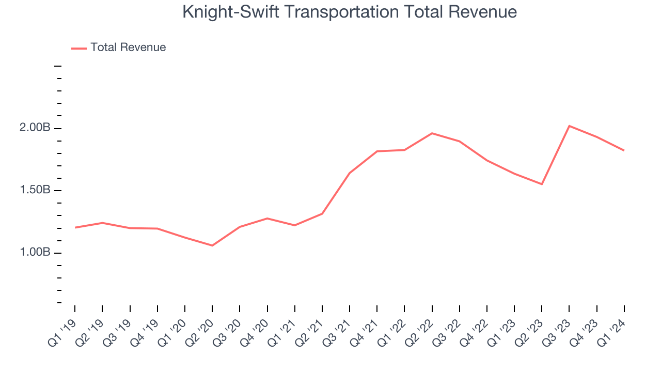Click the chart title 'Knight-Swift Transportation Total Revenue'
[350, 12]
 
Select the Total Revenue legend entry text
[128, 48]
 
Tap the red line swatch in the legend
[79, 48]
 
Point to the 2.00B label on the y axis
[35, 128]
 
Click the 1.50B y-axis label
[35, 190]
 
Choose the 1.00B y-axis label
[35, 253]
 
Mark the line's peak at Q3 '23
[569, 126]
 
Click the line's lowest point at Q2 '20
[212, 245]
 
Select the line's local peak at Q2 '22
[432, 133]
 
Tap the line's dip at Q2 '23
[542, 184]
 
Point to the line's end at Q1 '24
[624, 150]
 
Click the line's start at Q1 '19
[75, 227]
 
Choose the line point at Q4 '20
[267, 218]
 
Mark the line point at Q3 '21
[350, 173]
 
